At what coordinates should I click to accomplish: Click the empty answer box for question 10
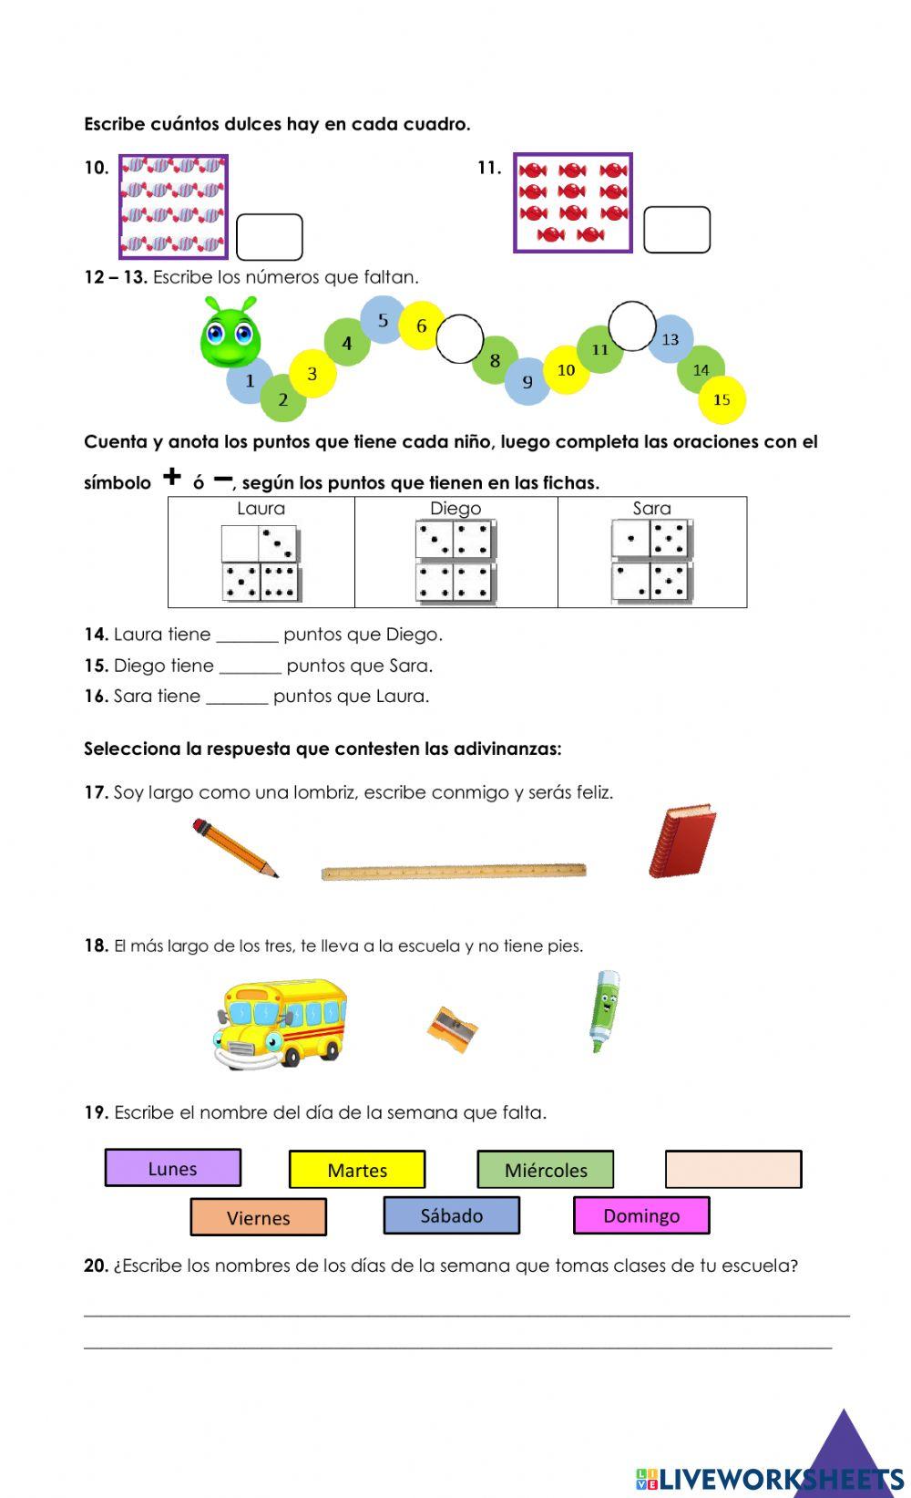(x=269, y=237)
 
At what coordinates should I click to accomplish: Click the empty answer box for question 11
(x=676, y=230)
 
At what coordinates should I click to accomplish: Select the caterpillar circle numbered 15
(x=722, y=399)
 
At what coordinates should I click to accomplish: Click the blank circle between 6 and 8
(x=459, y=338)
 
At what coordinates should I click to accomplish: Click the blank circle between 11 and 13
(x=631, y=325)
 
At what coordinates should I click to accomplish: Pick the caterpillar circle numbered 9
(x=527, y=382)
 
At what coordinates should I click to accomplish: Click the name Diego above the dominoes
(x=455, y=509)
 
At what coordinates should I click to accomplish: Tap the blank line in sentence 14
(x=247, y=636)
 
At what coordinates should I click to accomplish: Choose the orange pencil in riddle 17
(x=235, y=848)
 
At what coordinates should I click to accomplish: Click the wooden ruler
(x=454, y=872)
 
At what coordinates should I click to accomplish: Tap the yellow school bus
(x=281, y=1023)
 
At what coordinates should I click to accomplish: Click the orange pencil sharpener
(x=453, y=1028)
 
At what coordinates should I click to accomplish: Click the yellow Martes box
(x=357, y=1170)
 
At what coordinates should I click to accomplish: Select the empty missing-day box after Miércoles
(x=733, y=1169)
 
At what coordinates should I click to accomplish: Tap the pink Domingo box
(x=641, y=1215)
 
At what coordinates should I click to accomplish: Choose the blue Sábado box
(x=452, y=1215)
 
